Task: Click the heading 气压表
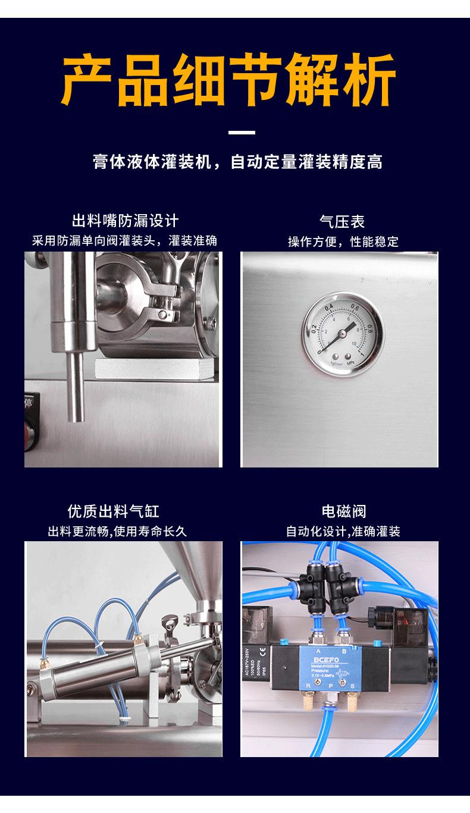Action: point(341,222)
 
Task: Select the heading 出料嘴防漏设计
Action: point(125,222)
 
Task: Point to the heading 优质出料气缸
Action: point(113,511)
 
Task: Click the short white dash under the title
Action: point(242,132)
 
